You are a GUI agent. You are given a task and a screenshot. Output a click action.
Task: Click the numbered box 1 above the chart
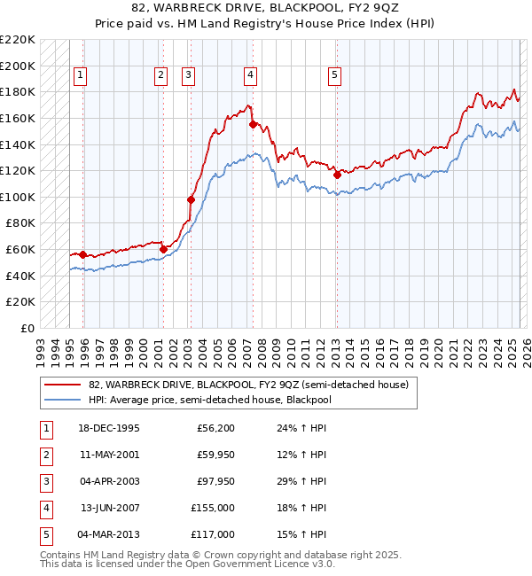tap(80, 76)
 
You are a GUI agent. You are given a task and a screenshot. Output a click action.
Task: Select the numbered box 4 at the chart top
tap(251, 76)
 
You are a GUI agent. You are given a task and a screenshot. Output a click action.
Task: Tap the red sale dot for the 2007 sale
tap(253, 125)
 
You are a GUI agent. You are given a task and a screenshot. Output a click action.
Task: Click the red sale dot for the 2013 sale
tap(337, 175)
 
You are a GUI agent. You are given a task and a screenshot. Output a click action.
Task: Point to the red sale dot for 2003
tap(191, 199)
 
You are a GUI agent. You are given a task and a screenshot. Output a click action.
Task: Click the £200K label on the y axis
tap(18, 66)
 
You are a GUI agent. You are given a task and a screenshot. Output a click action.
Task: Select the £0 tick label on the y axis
tap(27, 328)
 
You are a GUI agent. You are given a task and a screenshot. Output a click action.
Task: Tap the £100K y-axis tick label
tap(18, 197)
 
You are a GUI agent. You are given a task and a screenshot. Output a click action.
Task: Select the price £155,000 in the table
tap(213, 508)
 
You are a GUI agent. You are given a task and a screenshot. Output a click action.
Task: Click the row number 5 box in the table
tap(45, 534)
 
